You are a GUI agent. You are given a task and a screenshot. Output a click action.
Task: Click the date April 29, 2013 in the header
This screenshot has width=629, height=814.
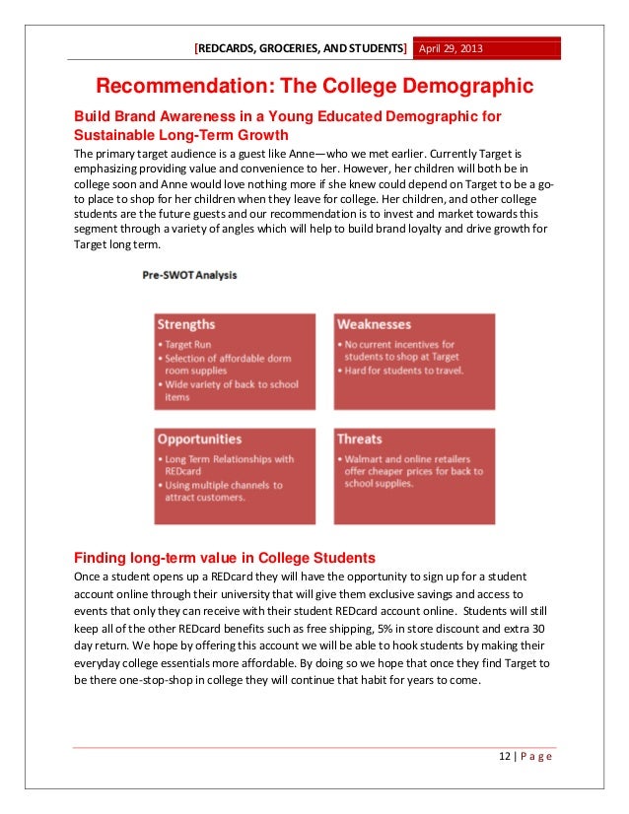(x=454, y=48)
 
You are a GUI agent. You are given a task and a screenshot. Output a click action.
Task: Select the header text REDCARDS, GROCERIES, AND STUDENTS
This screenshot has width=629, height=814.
(x=301, y=48)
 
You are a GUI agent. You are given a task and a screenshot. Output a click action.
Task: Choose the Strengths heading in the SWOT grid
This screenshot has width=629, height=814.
(x=186, y=324)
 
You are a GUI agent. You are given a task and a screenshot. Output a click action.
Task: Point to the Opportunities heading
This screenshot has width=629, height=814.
(x=199, y=439)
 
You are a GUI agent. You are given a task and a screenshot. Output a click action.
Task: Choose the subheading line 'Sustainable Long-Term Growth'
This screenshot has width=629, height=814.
(x=181, y=136)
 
